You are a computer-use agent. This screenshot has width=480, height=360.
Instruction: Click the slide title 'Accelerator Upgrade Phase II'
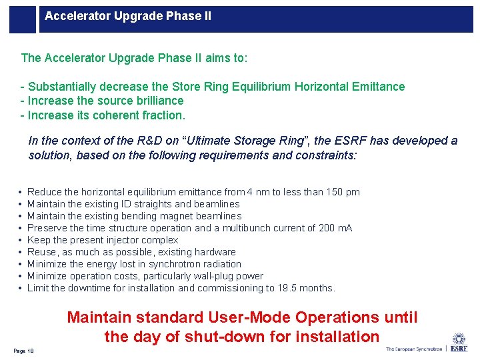pos(128,15)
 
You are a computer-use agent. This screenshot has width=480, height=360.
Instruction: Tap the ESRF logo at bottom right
pos(459,343)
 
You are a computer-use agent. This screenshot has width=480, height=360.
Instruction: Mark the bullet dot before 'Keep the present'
pos(21,240)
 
